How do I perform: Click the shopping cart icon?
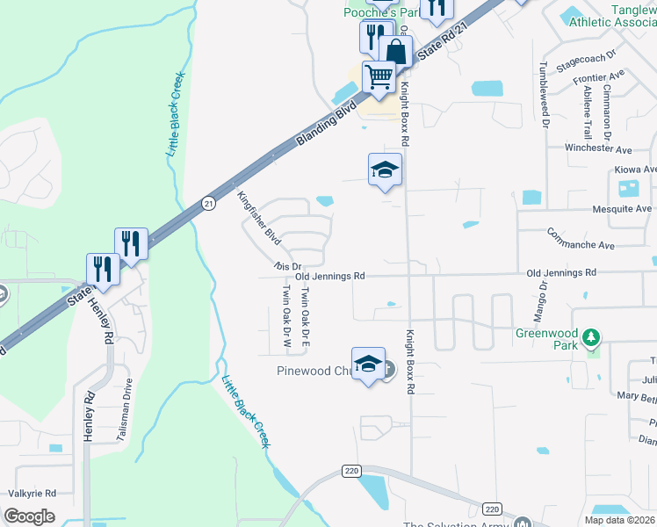(x=379, y=76)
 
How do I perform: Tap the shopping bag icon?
(x=396, y=51)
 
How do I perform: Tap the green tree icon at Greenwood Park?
(x=592, y=336)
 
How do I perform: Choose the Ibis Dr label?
(x=287, y=265)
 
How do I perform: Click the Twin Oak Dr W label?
(x=285, y=311)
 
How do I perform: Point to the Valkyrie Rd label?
(x=32, y=494)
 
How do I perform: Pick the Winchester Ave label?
(x=598, y=149)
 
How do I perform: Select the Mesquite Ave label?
(x=622, y=209)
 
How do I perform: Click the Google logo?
(x=30, y=516)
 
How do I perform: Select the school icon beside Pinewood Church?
(x=368, y=363)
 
